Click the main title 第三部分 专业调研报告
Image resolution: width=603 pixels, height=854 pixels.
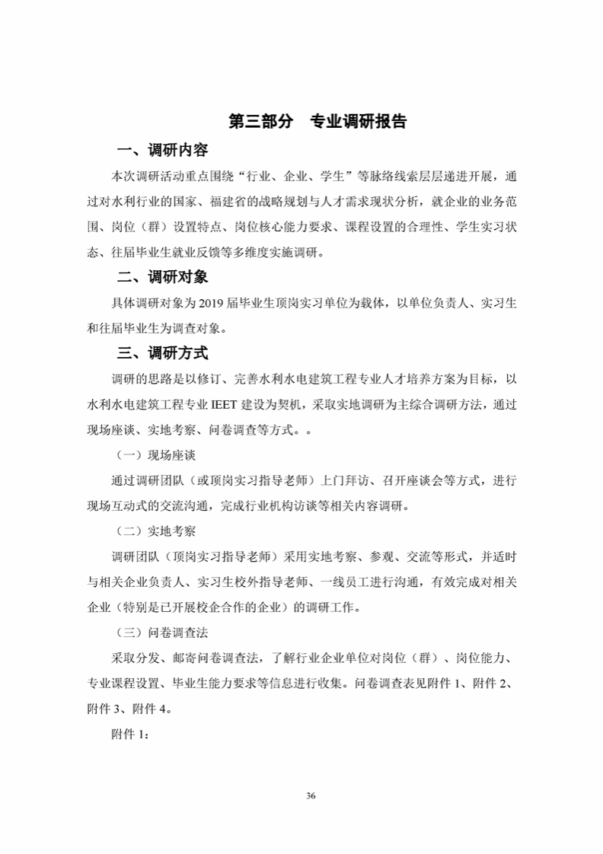click(317, 122)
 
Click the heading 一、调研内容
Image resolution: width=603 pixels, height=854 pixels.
click(162, 150)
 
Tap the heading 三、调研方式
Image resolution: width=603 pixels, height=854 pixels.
click(162, 353)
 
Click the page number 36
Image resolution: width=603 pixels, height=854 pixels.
click(310, 795)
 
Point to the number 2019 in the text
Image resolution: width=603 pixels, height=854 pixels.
click(211, 303)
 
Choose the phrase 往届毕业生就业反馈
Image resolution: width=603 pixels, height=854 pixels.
click(167, 252)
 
